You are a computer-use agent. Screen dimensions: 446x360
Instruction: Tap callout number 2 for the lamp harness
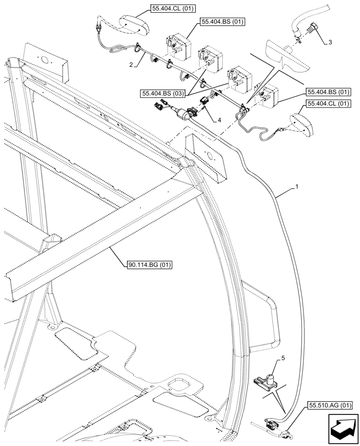(x=131, y=64)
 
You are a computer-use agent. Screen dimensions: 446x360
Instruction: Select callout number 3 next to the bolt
(x=329, y=42)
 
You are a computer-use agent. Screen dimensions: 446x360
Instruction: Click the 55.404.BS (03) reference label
(x=162, y=94)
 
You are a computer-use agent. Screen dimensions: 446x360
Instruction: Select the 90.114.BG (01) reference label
(x=149, y=265)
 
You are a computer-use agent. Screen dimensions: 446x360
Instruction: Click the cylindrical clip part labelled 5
(x=269, y=379)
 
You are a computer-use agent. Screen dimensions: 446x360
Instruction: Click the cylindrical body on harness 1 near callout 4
(x=182, y=115)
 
